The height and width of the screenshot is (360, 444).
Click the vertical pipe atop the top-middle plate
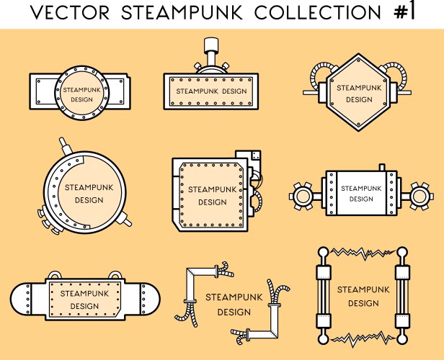click(x=210, y=50)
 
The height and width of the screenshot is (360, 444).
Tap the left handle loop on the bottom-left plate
click(x=55, y=276)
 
